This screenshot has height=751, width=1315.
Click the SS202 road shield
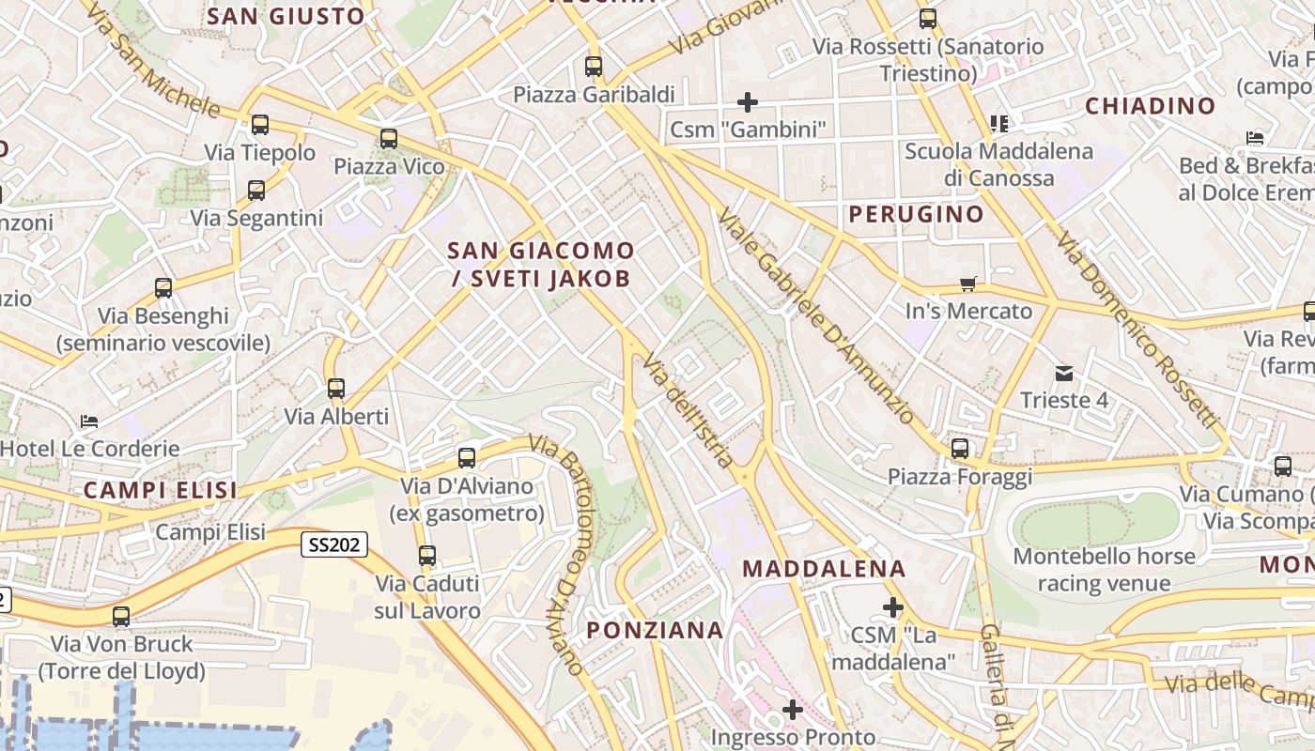click(334, 545)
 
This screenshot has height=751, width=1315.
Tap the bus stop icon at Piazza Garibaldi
click(594, 67)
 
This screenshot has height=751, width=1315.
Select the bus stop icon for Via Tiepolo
click(260, 125)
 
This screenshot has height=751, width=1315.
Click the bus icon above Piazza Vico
click(389, 140)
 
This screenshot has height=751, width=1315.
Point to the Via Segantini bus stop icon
click(256, 191)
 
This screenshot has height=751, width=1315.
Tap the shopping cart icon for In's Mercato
click(968, 284)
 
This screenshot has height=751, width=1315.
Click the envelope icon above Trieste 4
click(1063, 374)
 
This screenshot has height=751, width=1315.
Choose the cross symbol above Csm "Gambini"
click(748, 101)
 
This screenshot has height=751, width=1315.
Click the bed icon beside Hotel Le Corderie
click(89, 421)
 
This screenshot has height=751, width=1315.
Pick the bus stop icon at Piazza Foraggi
click(959, 449)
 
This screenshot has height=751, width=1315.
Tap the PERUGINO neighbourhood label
click(916, 214)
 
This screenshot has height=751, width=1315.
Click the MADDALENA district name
click(824, 569)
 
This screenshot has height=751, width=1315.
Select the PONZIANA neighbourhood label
click(656, 630)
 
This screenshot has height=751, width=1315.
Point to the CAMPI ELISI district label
click(160, 490)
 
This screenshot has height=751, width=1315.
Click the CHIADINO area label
click(1151, 106)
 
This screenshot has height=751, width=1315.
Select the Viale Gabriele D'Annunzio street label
click(815, 316)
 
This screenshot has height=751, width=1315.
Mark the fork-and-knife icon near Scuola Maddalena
click(998, 123)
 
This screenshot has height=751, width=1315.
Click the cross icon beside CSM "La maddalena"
click(893, 607)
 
